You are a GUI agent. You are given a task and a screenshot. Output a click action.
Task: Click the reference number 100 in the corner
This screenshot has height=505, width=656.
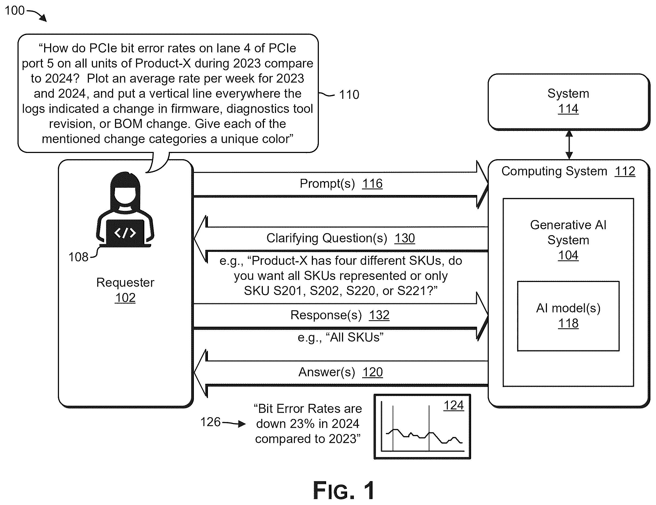[15, 11]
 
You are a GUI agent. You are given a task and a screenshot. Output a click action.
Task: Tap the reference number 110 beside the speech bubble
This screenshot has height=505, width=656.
[349, 95]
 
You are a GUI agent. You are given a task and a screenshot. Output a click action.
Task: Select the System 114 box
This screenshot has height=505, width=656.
[568, 102]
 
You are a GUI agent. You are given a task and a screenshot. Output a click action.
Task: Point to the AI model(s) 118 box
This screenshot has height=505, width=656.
[568, 316]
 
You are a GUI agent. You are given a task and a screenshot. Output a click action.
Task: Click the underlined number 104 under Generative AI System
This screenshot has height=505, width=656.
[568, 255]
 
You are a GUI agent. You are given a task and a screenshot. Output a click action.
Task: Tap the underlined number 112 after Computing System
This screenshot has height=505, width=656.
[625, 171]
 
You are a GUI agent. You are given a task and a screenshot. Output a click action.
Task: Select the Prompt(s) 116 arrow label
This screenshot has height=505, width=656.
[341, 184]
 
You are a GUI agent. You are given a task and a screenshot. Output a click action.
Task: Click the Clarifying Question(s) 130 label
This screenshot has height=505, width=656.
[341, 238]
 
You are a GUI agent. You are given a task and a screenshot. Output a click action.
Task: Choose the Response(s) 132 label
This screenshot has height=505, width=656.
[340, 315]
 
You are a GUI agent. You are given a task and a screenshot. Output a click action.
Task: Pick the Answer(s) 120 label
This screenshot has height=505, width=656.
[340, 372]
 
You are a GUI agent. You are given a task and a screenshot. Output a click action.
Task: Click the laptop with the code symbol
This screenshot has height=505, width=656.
[125, 233]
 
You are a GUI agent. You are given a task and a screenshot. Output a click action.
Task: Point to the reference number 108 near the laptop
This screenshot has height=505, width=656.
[78, 257]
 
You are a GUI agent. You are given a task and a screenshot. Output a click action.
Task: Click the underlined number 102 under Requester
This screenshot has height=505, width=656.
[125, 298]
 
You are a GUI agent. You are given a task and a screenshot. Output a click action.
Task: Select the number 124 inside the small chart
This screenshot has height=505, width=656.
[453, 406]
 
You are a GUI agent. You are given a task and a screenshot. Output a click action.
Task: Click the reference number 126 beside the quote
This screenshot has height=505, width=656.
[210, 422]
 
